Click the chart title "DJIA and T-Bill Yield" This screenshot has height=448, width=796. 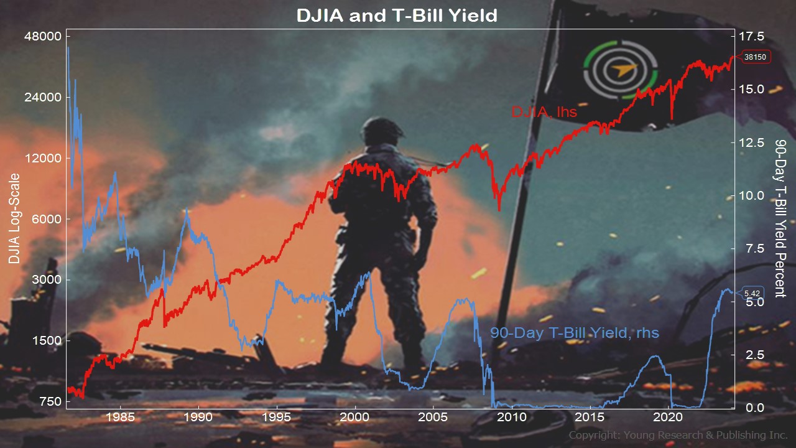(397, 16)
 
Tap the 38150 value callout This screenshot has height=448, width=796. (755, 57)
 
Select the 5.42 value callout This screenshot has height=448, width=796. (752, 293)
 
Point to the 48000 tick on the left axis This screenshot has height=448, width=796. (43, 36)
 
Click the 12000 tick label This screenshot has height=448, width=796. (43, 158)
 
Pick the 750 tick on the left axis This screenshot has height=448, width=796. (50, 401)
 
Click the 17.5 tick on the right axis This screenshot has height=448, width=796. (752, 36)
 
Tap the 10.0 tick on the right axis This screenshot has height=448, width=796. (752, 195)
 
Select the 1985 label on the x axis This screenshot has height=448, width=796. (121, 417)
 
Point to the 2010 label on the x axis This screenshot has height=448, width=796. (511, 417)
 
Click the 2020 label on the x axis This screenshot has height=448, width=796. (668, 417)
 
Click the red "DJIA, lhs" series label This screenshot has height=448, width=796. (544, 112)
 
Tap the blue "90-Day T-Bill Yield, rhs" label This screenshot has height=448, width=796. (575, 333)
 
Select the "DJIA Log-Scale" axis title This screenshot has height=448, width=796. (14, 218)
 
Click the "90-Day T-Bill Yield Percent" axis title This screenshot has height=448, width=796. (780, 218)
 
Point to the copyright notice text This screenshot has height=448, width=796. (678, 435)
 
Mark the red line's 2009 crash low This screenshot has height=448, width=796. (499, 210)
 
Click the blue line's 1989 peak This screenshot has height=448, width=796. (186, 210)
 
